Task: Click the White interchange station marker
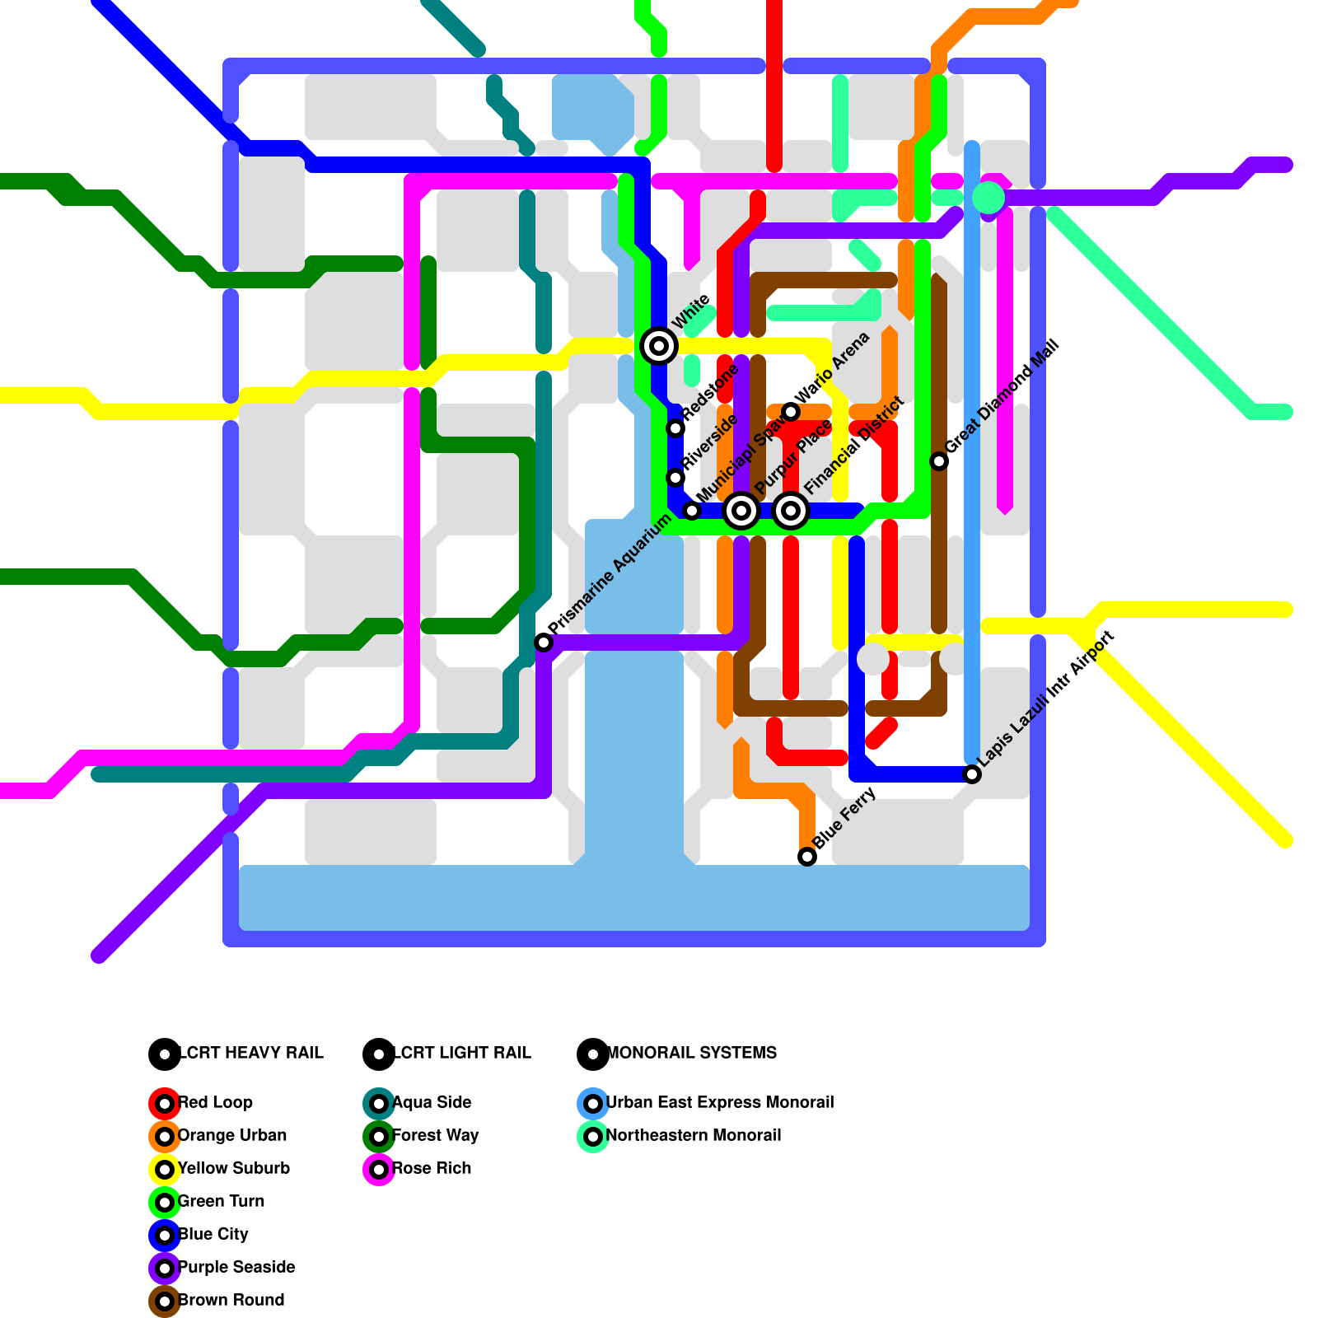pyautogui.click(x=659, y=346)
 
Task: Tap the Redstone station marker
pyautogui.click(x=675, y=428)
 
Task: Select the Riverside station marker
pyautogui.click(x=675, y=478)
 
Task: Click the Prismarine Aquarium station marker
pyautogui.click(x=544, y=643)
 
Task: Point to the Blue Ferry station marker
pyautogui.click(x=807, y=857)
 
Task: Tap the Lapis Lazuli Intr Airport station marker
pyautogui.click(x=972, y=774)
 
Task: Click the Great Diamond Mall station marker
pyautogui.click(x=939, y=461)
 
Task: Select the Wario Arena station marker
pyautogui.click(x=791, y=412)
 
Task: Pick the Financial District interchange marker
pyautogui.click(x=791, y=511)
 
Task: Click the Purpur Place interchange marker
pyautogui.click(x=741, y=511)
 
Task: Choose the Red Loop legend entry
pyautogui.click(x=214, y=1103)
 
